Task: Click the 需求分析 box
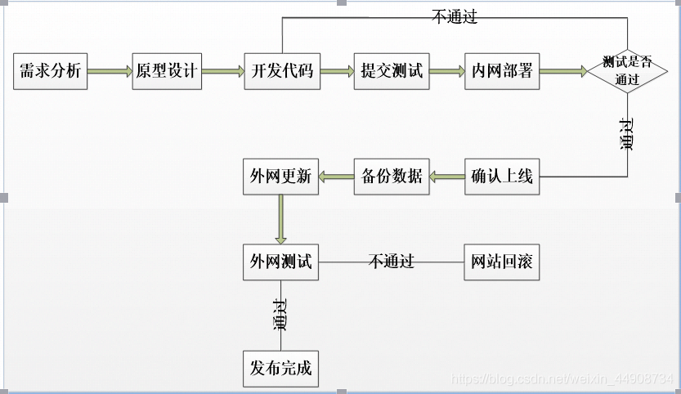[51, 71]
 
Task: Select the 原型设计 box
[166, 71]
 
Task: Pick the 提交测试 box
[392, 71]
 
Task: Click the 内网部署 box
[502, 71]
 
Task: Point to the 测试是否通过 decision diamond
[627, 71]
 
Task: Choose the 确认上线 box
[502, 176]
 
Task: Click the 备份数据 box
[392, 176]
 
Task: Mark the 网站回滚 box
[502, 262]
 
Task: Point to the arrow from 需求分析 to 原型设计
[109, 72]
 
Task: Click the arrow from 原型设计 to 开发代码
[222, 72]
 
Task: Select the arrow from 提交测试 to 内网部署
[446, 72]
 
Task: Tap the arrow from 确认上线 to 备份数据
[446, 176]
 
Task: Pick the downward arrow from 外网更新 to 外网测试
[280, 218]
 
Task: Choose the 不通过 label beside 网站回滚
[392, 262]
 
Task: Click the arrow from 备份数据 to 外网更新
[335, 176]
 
